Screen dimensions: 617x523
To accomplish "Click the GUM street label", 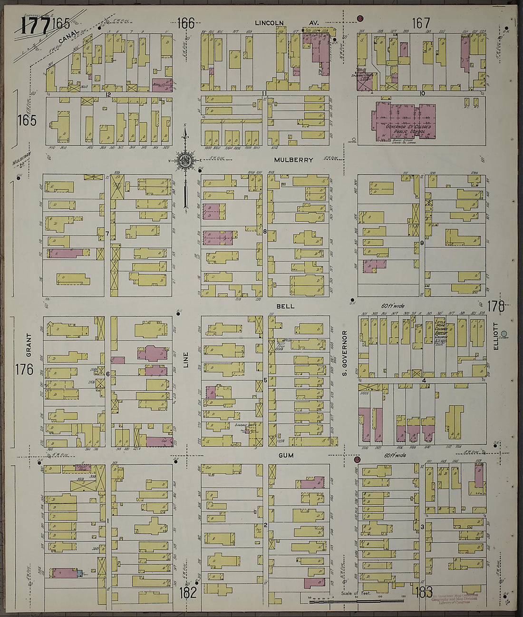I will pos(287,455).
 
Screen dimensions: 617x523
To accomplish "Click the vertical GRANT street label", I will pos(29,345).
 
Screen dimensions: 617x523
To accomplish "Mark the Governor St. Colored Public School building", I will pos(404,122).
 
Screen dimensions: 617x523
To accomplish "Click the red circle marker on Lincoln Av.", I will pos(360,19).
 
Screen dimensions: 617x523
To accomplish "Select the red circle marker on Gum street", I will pos(357,460).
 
